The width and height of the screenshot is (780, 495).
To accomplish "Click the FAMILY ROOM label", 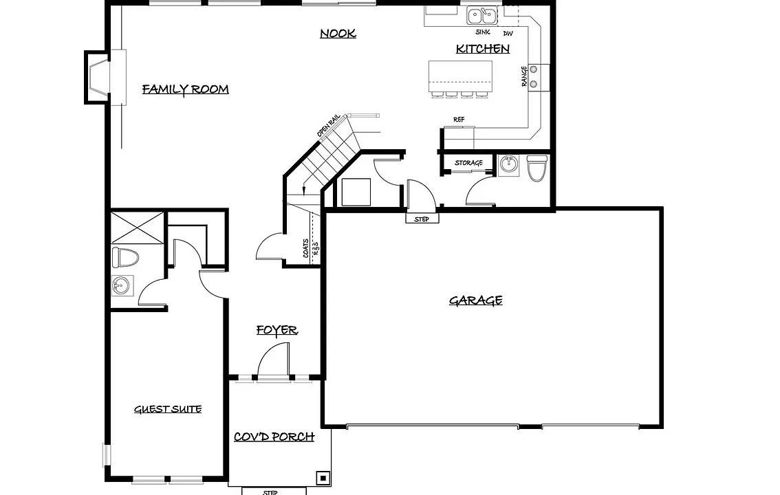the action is [186, 89].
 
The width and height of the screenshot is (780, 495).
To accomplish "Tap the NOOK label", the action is [338, 33].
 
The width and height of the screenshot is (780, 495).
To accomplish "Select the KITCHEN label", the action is [483, 49].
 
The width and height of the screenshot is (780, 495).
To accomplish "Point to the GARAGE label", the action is [475, 300].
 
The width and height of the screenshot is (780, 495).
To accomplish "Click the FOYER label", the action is [277, 330].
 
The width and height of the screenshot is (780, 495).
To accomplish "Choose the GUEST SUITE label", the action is [168, 409].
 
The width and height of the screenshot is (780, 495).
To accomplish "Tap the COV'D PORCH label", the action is [274, 437].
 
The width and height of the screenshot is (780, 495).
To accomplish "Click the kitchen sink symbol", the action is [482, 15].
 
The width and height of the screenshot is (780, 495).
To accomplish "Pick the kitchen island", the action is [460, 76].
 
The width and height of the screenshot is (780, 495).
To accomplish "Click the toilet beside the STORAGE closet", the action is [537, 168].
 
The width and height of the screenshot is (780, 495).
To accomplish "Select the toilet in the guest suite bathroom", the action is [125, 257].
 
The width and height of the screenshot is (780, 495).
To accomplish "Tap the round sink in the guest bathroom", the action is [121, 286].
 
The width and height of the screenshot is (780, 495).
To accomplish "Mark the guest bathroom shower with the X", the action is [138, 228].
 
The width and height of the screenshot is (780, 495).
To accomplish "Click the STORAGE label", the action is [468, 162].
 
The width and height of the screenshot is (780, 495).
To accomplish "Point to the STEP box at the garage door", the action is [422, 218].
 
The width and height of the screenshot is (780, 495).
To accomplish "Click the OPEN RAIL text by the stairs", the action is [329, 126].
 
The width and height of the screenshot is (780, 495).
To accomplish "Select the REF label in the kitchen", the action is [459, 120].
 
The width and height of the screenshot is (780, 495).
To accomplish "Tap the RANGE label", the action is [524, 76].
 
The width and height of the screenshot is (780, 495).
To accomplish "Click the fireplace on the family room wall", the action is [97, 77].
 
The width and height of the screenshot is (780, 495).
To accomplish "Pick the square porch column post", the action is [323, 478].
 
